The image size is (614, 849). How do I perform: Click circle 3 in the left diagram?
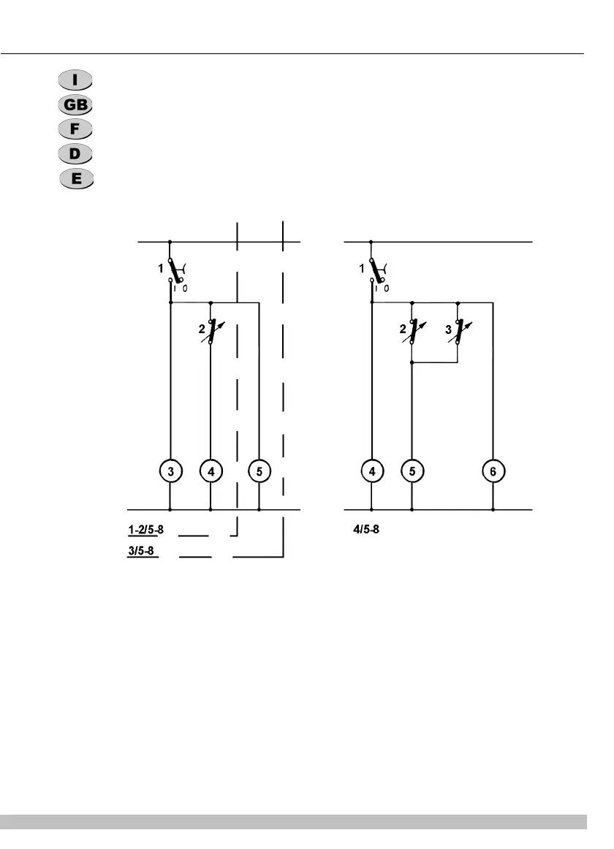170,471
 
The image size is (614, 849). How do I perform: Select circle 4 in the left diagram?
211,471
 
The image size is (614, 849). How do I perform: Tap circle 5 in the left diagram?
259,471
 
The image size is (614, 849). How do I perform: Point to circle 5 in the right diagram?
412,471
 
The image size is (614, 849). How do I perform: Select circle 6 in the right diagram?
493,471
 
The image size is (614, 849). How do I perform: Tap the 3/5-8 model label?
140,550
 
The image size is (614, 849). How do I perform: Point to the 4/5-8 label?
365,528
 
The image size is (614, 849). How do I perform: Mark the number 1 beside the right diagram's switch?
361,269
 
